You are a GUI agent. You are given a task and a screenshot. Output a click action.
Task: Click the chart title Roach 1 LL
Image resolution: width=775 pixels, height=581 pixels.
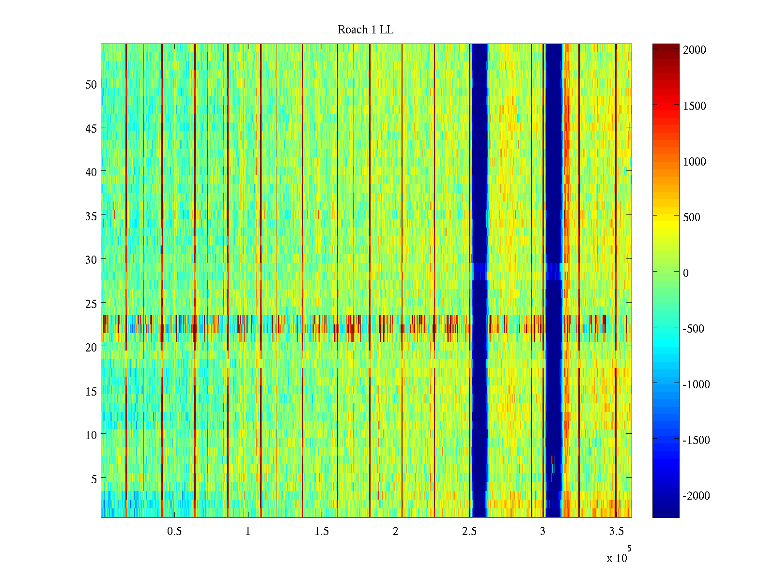point(366,30)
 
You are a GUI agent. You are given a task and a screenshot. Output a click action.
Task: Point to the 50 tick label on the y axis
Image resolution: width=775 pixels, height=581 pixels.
point(91,84)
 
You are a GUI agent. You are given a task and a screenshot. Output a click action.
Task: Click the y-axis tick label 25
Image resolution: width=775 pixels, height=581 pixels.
point(91,304)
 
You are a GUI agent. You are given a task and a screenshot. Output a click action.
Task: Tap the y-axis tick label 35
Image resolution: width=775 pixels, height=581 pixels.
point(91,216)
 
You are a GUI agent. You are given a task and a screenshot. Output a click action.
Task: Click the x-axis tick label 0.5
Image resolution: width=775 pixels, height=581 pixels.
point(174,532)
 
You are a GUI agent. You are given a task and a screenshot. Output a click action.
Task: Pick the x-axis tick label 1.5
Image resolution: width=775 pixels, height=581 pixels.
point(322,532)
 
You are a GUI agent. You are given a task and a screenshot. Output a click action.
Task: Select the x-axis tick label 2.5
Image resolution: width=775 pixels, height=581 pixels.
point(469,532)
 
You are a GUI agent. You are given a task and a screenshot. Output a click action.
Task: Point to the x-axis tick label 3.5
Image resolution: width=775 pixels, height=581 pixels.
point(617,532)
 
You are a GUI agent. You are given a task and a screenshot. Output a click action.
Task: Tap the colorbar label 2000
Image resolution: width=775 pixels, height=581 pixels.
point(695,50)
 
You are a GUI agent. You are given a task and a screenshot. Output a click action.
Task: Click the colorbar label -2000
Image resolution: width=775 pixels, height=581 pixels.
point(697,496)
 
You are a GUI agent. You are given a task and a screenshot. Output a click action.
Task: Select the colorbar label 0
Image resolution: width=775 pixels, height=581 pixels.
point(686,273)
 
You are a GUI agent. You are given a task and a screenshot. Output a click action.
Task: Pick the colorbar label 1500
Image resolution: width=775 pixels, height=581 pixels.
point(695,106)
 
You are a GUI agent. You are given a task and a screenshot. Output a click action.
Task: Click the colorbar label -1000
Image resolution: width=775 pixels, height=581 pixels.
point(697,384)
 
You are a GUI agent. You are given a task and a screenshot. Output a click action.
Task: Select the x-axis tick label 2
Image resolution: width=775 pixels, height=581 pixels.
point(396,532)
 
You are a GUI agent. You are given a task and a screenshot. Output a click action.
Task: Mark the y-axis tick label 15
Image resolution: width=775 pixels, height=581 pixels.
point(91,391)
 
